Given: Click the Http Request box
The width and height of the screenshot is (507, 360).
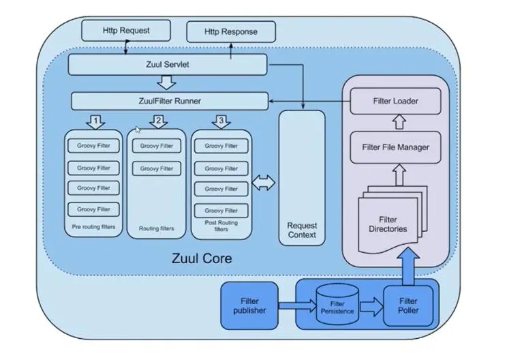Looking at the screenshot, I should tap(126, 31).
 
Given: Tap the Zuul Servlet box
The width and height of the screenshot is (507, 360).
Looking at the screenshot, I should tap(167, 65).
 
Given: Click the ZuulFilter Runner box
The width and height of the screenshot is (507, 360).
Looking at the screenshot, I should tap(170, 102).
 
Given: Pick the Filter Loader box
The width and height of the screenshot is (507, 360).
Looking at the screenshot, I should tap(395, 102).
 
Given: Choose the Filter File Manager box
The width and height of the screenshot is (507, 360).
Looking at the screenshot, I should tap(395, 147).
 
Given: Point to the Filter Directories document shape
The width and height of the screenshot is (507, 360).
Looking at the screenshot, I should tap(388, 222).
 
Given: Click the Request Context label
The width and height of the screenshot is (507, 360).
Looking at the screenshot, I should tap(302, 230).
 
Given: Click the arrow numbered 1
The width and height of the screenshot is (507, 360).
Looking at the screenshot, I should tap(95, 122).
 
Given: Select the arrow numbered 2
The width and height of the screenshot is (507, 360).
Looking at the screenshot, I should tap(158, 122).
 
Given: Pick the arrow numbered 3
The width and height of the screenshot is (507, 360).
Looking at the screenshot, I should tap(220, 122).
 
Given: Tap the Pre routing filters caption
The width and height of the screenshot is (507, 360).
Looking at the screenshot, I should tap(95, 226).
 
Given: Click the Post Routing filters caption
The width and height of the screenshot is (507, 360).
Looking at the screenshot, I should tap(221, 226).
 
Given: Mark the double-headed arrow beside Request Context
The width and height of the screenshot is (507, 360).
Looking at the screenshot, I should tap(263, 183).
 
